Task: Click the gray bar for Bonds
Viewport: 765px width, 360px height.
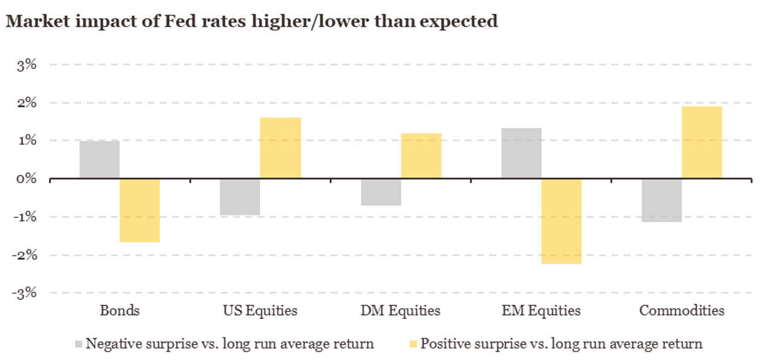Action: pos(99,159)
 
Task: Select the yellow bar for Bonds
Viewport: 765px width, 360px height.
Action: pos(140,210)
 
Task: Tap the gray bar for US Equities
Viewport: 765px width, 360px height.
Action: pos(240,197)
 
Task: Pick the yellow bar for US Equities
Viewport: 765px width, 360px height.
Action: pos(280,148)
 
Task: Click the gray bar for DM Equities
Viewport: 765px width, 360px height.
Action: pos(381,192)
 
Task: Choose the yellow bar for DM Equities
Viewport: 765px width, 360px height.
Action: pos(421,155)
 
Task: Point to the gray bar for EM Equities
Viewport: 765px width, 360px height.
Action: pos(521,153)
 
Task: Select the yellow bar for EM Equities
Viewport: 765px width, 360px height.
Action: pos(562,221)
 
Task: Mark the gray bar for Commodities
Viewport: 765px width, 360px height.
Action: pos(662,200)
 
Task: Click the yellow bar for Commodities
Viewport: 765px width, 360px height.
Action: pos(702,142)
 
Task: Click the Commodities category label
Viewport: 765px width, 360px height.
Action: pos(681,311)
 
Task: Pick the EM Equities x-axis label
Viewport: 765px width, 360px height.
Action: pos(541,311)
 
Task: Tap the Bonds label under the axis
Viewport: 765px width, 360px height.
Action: pos(120,311)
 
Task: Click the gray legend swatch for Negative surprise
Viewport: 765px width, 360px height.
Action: pos(78,344)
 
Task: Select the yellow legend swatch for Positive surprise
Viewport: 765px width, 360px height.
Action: pos(413,344)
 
